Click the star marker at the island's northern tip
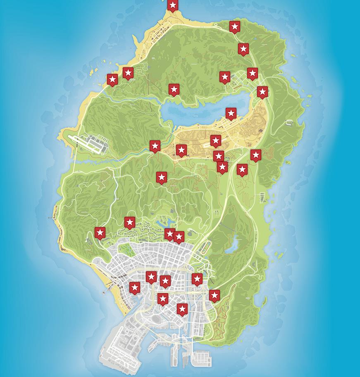(x=173, y=5)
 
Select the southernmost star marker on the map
(x=182, y=309)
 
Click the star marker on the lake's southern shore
(x=231, y=113)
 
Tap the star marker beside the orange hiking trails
(x=214, y=296)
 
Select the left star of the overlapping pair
(x=169, y=234)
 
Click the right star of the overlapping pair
(x=179, y=237)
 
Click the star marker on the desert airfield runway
(x=216, y=141)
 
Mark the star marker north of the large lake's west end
(x=174, y=89)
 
